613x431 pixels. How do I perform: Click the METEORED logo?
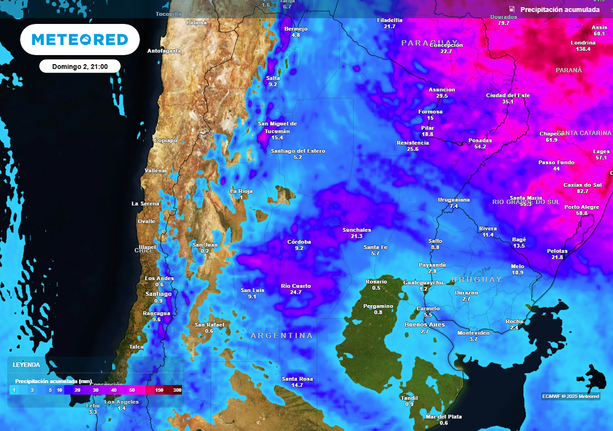coord(80,40)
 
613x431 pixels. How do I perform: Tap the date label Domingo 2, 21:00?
coord(80,66)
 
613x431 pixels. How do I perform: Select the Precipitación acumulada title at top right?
coord(560,10)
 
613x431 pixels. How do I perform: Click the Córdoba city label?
coord(299,242)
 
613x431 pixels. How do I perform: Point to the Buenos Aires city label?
coord(424,324)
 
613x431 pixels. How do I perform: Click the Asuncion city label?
coord(442,90)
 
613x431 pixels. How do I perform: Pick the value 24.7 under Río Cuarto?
coord(296,293)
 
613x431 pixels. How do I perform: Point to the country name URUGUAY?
coord(477,280)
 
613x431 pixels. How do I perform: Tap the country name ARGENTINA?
coord(281,336)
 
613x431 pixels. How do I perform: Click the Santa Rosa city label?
coord(298,379)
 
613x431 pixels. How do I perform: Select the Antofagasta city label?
coord(164,51)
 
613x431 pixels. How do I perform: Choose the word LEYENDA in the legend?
coord(26,365)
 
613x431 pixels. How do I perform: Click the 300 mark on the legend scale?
coord(177,390)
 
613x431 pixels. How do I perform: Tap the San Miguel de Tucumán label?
coord(277,128)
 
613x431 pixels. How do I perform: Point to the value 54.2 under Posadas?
coord(480,147)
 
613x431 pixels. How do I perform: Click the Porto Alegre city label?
coord(582,207)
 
